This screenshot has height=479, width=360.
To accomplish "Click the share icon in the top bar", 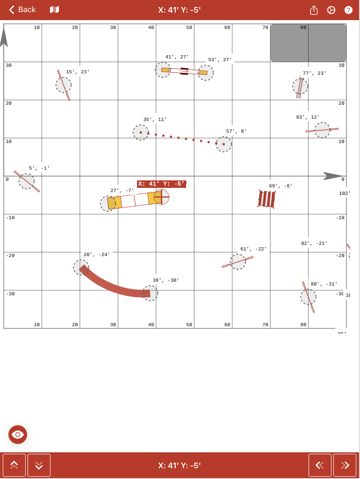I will [x=314, y=10].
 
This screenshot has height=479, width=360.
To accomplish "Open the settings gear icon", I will [x=331, y=10].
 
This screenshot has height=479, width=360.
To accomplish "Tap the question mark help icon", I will [x=348, y=10].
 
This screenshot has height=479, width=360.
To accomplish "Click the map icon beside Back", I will [x=55, y=10].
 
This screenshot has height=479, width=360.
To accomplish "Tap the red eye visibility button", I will [x=18, y=435].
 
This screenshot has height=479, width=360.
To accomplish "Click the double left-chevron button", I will [x=320, y=465].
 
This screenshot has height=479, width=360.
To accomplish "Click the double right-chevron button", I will [x=345, y=465].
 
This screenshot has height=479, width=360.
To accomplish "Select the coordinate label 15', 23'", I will [x=78, y=72].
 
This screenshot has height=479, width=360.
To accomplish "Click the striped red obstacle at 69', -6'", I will [x=266, y=199].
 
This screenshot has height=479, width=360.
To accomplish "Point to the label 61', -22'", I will [x=253, y=249].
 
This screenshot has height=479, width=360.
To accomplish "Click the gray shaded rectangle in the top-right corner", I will [x=308, y=43].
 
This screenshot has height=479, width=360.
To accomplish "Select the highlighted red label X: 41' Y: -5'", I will [x=161, y=184].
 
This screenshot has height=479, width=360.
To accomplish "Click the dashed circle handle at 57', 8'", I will [x=223, y=144].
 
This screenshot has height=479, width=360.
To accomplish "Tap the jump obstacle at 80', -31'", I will [x=308, y=297].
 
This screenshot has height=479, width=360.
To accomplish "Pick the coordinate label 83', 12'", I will [x=308, y=117].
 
